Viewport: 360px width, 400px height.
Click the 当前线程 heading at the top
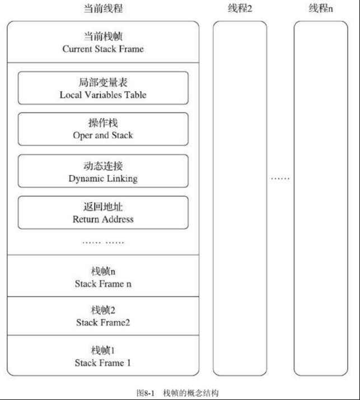coord(103,9)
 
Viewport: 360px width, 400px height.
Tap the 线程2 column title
coord(240,9)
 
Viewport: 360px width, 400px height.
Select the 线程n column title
coord(321,9)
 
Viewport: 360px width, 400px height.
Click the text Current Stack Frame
coord(103,49)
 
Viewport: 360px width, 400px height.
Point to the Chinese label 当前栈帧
coord(103,36)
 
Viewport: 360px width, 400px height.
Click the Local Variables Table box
coord(103,88)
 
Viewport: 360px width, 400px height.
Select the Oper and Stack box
coord(103,129)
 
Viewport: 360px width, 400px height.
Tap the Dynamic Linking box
coord(103,171)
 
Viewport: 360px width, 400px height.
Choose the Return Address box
coord(103,213)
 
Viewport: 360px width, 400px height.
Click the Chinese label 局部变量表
coord(103,82)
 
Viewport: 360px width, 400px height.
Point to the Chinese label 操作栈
coord(103,123)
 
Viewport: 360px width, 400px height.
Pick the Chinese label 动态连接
coord(103,166)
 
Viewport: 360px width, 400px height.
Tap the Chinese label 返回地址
coord(103,206)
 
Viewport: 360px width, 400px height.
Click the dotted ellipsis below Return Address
coord(103,242)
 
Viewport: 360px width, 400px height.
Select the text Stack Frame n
coord(103,284)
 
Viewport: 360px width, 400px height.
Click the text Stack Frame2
coord(103,322)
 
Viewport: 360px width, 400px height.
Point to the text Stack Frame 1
coord(102,363)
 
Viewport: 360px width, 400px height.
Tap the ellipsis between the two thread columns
coord(280,178)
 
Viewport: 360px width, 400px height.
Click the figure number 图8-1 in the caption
coord(146,393)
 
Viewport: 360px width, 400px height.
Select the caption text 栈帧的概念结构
coord(191,393)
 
